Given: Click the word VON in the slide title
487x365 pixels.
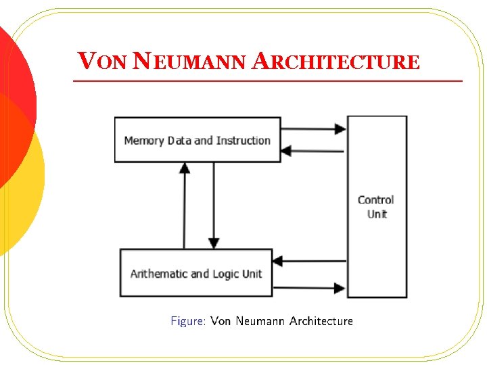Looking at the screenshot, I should [102, 62].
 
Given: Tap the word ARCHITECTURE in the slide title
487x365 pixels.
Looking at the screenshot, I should [335, 62].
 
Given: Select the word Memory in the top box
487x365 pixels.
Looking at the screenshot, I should [144, 141].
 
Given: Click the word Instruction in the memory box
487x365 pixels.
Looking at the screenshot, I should [243, 141].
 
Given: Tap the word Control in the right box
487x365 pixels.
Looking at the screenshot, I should [375, 199].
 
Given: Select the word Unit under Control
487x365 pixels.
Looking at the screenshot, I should [377, 214].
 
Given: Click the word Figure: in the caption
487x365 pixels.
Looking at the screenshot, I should [188, 321].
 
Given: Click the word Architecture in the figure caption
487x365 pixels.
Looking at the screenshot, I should [321, 321].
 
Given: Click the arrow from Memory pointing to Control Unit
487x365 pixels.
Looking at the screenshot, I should [314, 128].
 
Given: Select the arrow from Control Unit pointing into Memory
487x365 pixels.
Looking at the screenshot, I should [314, 151].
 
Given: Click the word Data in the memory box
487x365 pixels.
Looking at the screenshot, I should [179, 141].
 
